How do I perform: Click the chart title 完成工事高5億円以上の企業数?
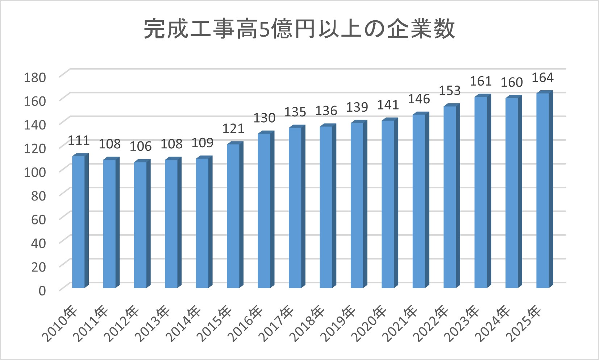(299, 29)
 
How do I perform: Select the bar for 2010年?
(79, 222)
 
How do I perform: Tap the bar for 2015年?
(233, 216)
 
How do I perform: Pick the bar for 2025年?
(543, 191)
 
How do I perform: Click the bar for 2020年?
(388, 204)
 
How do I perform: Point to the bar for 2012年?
(141, 225)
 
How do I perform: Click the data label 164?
(542, 78)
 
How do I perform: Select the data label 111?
(79, 140)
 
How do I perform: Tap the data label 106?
(141, 146)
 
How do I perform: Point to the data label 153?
(450, 91)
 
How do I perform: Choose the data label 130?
(264, 118)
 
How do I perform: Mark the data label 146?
(419, 99)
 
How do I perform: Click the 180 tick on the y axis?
(35, 77)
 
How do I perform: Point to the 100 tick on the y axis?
(35, 171)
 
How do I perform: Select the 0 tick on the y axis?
(42, 290)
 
